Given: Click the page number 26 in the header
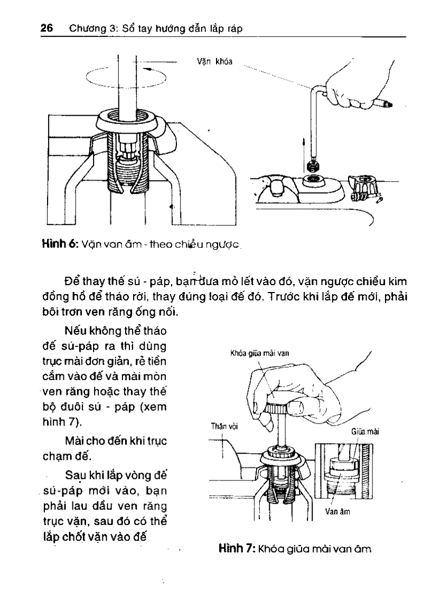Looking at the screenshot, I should (x=46, y=29).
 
